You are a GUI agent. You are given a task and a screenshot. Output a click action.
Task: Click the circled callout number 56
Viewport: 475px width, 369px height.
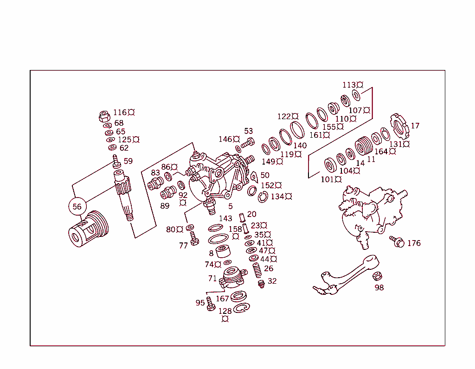click(77, 207)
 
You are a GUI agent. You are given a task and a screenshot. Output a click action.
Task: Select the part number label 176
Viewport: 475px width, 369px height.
click(414, 243)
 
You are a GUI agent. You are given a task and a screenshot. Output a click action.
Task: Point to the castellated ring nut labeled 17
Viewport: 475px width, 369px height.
click(398, 126)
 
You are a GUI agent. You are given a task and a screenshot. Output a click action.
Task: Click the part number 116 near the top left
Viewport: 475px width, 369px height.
click(120, 112)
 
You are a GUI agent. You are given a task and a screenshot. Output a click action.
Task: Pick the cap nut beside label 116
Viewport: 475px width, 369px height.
click(105, 115)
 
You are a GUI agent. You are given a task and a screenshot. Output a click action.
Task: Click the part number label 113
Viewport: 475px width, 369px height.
click(349, 85)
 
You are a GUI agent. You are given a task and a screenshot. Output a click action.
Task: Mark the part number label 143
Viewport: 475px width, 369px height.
click(225, 218)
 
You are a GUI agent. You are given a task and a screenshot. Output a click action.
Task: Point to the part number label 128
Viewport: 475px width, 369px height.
click(225, 311)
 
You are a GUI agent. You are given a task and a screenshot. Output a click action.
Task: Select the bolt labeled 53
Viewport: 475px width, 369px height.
click(248, 143)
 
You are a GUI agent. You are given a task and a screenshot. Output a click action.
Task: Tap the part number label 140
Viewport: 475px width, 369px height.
click(300, 146)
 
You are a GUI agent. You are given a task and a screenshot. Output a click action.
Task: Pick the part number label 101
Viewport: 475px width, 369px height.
click(327, 179)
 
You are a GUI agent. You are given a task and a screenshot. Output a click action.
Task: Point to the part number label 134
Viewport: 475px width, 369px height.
click(278, 197)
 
